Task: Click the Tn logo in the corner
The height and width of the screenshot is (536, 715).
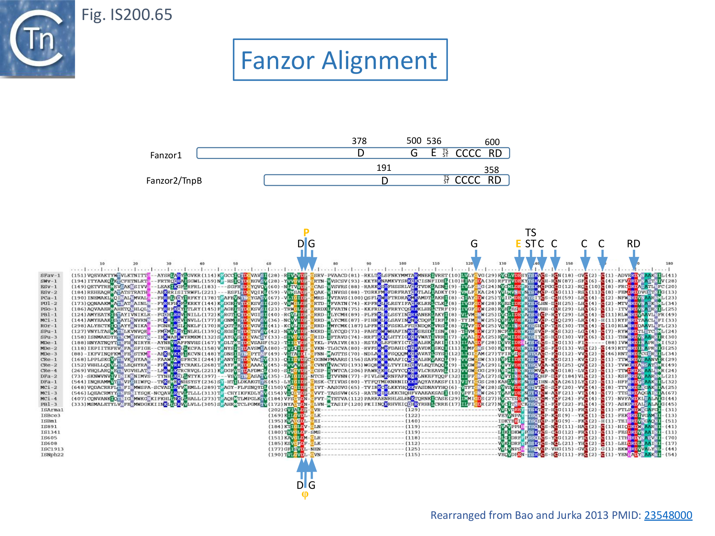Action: click(x=37, y=39)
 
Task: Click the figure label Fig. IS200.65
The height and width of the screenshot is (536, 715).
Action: click(x=127, y=15)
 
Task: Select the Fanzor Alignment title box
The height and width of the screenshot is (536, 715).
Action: click(x=340, y=60)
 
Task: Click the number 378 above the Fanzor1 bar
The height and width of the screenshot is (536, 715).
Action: click(x=359, y=141)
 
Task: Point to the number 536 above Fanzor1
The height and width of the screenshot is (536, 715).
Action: click(x=434, y=141)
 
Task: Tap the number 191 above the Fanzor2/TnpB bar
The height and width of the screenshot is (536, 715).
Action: click(x=384, y=168)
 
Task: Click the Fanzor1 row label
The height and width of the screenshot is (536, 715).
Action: click(x=166, y=155)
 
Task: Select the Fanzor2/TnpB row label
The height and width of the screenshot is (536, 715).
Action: click(x=174, y=181)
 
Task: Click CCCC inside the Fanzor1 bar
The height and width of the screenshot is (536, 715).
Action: click(x=468, y=153)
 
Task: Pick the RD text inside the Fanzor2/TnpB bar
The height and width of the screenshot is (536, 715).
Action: click(x=494, y=180)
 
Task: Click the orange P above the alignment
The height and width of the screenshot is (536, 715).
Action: click(x=306, y=233)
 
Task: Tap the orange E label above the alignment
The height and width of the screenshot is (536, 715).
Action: click(x=518, y=244)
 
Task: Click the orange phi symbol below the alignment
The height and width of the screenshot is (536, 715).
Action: click(x=305, y=495)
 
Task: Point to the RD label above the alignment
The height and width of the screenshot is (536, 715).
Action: click(x=633, y=244)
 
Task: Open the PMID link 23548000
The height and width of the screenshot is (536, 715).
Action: click(x=668, y=515)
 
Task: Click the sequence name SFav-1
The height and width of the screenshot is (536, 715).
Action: click(x=50, y=275)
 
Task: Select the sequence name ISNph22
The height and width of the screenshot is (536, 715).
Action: click(x=52, y=455)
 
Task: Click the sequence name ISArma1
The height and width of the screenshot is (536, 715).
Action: click(x=52, y=410)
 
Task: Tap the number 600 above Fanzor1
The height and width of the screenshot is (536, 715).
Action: click(x=492, y=142)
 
